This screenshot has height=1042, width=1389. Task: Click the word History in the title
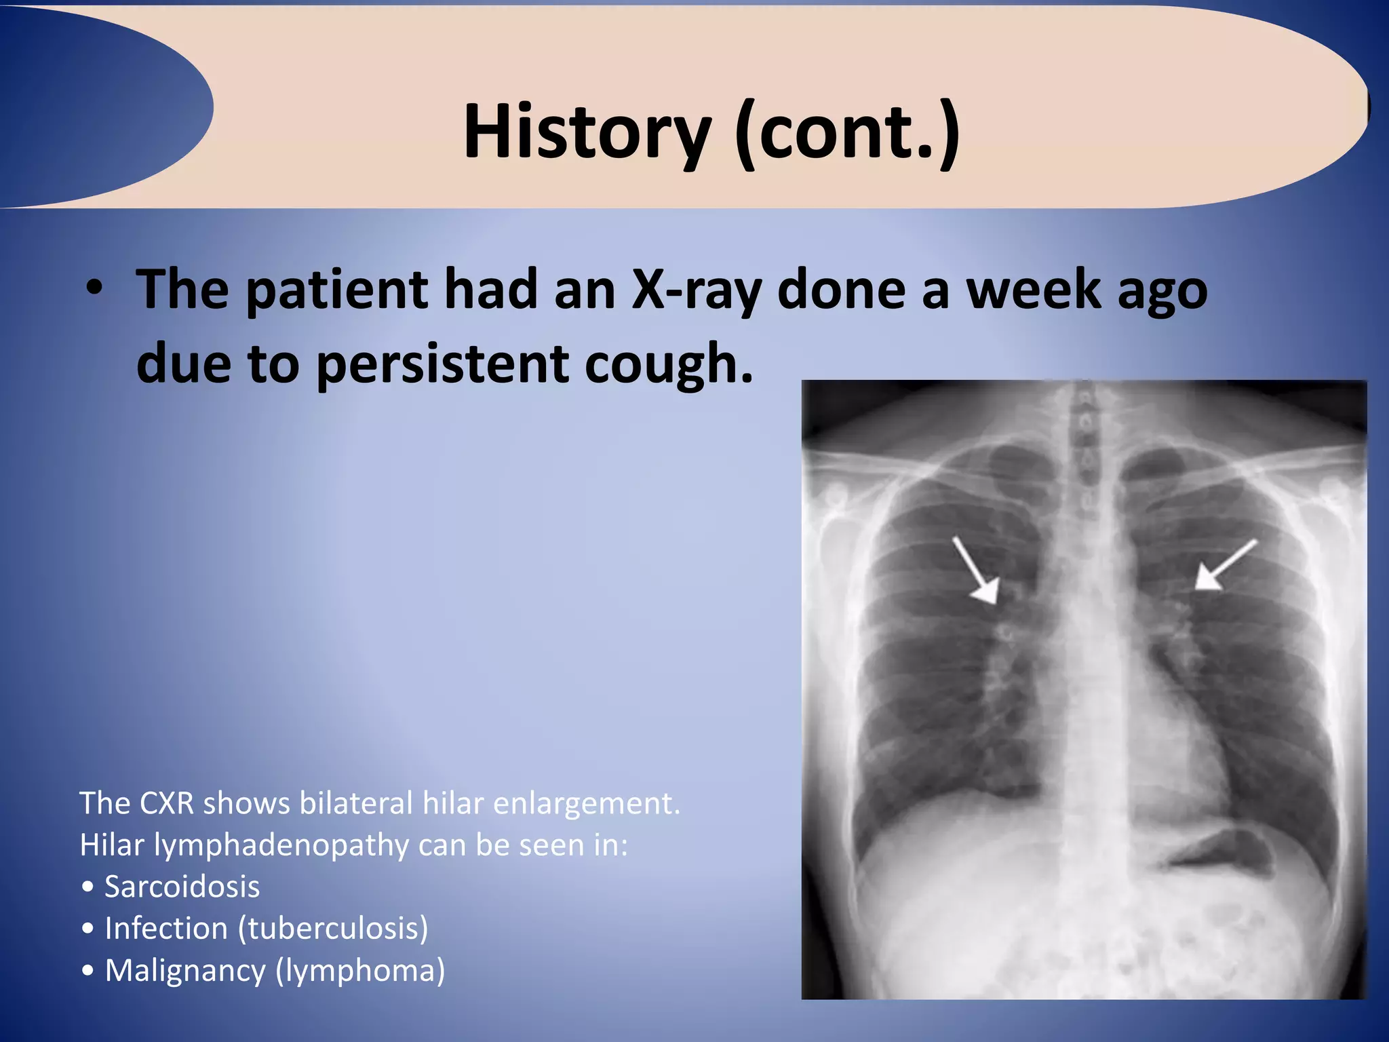(587, 130)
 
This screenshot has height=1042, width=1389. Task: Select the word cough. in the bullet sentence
(669, 364)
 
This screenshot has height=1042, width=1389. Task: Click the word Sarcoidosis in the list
(182, 887)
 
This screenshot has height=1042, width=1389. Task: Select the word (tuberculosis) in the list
(333, 929)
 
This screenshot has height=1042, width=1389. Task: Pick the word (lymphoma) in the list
(360, 970)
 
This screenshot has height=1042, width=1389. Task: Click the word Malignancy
(185, 970)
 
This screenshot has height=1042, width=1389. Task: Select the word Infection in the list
(166, 929)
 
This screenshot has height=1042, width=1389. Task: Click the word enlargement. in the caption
(586, 803)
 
